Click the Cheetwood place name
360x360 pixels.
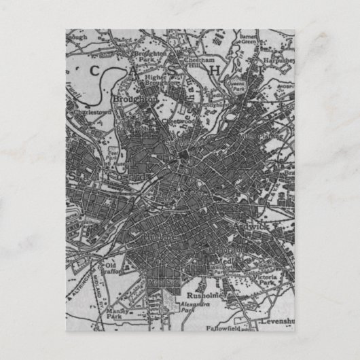tap(175, 121)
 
